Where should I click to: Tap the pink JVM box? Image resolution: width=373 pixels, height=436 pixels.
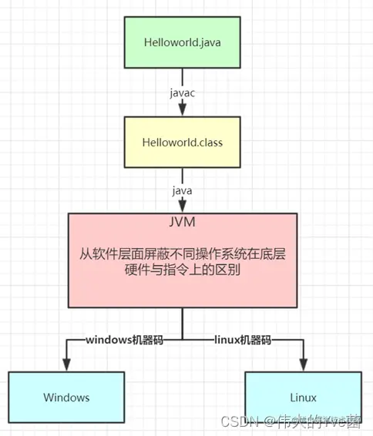[182, 262]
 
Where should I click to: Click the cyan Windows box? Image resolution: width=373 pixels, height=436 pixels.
[66, 397]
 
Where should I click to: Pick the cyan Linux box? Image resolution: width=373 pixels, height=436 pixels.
[303, 397]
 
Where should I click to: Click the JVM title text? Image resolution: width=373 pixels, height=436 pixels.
[182, 224]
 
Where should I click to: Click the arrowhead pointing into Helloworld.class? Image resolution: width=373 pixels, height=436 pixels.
[183, 112]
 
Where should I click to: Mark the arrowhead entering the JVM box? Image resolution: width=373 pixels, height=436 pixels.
[183, 206]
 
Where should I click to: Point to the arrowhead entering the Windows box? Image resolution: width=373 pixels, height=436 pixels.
[66, 364]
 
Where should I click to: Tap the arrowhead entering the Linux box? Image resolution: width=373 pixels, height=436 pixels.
[303, 364]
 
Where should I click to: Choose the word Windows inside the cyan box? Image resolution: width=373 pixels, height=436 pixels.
[66, 397]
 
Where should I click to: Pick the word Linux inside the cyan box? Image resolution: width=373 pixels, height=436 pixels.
[303, 397]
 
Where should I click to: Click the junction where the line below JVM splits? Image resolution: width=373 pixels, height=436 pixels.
[183, 338]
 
